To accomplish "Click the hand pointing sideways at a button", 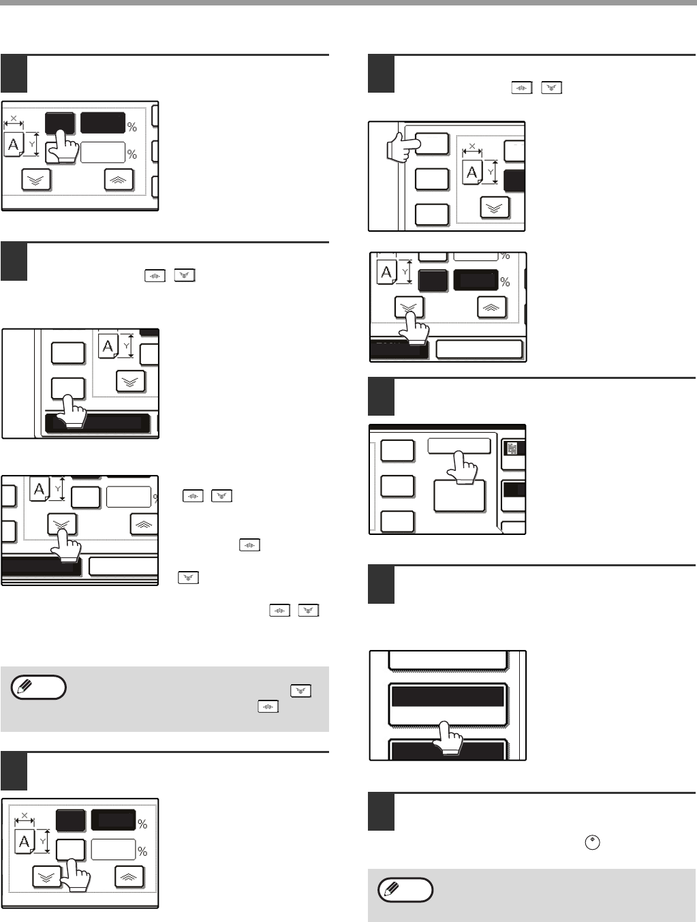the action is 401,147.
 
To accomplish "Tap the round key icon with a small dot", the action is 592,843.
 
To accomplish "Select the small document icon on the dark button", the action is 512,448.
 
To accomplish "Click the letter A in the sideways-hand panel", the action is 472,172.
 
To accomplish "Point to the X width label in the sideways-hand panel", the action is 472,147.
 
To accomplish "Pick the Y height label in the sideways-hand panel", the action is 490,172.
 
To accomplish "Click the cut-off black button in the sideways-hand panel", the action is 514,181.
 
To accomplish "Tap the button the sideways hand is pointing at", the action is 432,144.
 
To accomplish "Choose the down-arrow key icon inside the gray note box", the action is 300,691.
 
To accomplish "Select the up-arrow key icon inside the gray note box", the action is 268,707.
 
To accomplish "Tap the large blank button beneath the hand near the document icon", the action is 459,496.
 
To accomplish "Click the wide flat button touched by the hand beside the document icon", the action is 459,446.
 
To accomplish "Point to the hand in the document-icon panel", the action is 461,467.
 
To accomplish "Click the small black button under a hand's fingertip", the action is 60,123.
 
